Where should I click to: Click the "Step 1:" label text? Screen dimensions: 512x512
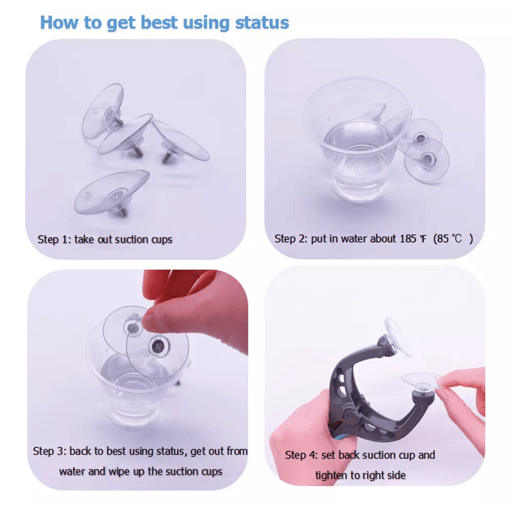[54, 239]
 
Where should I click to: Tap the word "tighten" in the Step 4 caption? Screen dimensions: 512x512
[331, 475]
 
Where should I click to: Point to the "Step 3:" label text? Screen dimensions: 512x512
[50, 452]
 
